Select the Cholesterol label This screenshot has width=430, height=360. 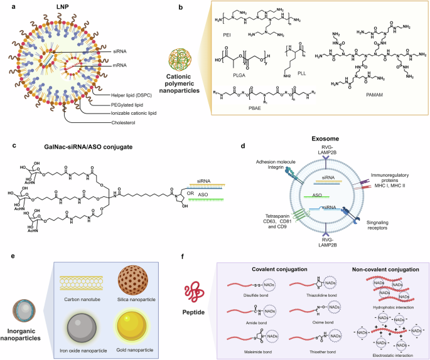tap(125, 123)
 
